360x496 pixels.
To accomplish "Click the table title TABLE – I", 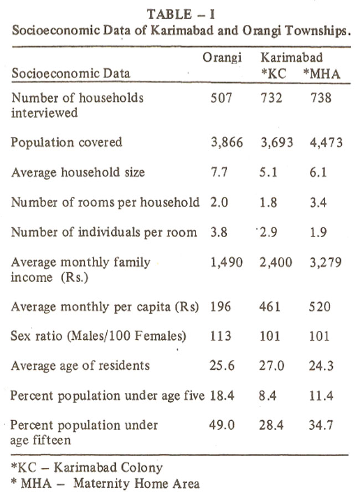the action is click(181, 14).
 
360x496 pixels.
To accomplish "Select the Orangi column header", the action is click(222, 58).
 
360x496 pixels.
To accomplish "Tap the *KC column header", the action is click(273, 73).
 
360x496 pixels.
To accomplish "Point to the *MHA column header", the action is click(321, 74).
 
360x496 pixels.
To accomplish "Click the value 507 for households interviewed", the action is click(222, 98).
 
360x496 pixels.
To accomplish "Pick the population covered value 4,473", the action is click(326, 142).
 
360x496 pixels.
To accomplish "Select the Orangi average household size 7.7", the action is click(219, 172).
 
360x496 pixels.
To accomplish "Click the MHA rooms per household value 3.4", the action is click(318, 202).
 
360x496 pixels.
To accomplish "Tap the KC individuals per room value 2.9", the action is click(269, 232).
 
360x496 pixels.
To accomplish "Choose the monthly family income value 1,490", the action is click(227, 263).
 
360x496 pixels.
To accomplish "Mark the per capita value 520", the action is click(320, 306).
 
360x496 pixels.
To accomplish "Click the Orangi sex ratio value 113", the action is click(221, 336).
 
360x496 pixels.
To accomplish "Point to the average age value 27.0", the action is click(271, 366).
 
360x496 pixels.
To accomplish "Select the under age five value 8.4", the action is click(268, 395).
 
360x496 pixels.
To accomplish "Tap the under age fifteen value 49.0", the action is click(222, 425).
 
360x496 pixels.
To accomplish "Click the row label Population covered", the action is click(66, 142).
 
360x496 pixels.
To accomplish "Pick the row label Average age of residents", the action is click(80, 366).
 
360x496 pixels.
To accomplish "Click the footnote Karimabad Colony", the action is click(108, 468).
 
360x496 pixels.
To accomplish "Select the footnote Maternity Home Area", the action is click(137, 484).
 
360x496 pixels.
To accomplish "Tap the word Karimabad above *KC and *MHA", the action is click(291, 58).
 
